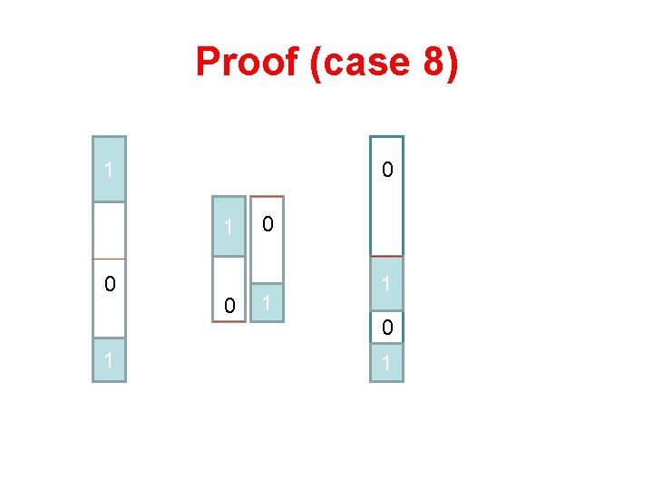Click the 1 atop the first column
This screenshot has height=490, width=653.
(109, 170)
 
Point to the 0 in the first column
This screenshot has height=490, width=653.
(109, 285)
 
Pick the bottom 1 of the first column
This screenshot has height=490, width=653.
(109, 360)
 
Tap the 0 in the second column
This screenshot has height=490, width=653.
(229, 307)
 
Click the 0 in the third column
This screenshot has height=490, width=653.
(268, 223)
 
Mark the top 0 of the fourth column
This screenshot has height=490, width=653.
(387, 170)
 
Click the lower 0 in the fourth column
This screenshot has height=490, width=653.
(387, 328)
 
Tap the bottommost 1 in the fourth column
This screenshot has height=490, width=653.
(387, 363)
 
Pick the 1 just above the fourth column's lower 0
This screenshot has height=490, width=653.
(387, 285)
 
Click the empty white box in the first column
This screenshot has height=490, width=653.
(109, 230)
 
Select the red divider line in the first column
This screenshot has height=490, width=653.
(109, 260)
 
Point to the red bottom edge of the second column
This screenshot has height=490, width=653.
(229, 321)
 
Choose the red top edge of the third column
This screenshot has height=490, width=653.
(268, 197)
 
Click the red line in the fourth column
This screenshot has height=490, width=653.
(387, 257)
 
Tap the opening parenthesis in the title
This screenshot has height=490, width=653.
(315, 63)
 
